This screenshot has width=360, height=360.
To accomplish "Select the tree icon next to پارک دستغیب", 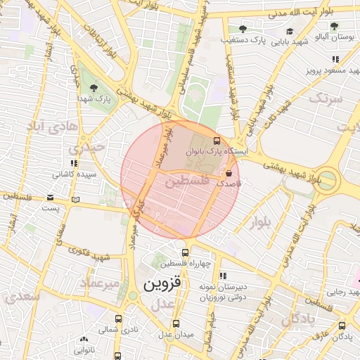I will pos(243,29).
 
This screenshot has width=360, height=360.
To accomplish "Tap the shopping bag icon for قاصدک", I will pos(229,172).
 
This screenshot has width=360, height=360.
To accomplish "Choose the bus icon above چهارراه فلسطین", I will pos(185,253).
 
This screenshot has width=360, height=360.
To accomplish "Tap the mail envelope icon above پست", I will pos(50,198).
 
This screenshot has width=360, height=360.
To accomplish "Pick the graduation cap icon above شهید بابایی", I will pos(290,32).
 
